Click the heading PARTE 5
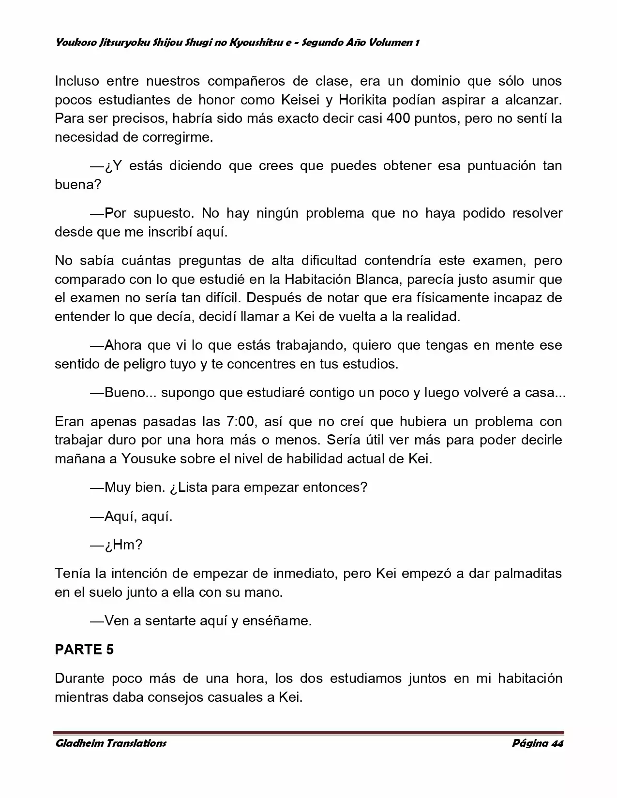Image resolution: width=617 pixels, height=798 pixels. pos(84,650)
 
